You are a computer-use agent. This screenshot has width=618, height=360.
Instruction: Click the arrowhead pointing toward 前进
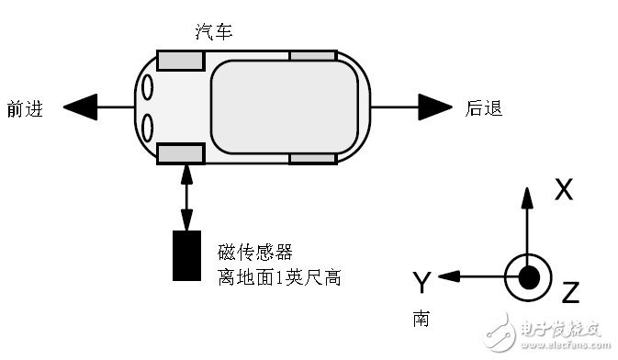[79, 107]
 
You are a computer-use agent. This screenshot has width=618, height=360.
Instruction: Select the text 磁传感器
[255, 252]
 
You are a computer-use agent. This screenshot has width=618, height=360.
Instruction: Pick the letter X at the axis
[564, 190]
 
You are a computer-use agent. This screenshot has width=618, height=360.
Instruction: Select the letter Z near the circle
[569, 293]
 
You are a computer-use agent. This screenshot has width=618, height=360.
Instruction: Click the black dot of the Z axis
[527, 276]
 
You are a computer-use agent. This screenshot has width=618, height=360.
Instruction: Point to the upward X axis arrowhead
[527, 196]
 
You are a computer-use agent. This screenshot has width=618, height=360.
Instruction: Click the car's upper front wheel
[180, 61]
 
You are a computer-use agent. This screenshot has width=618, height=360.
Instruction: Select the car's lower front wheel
[180, 153]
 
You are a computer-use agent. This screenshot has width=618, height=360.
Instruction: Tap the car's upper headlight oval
[147, 88]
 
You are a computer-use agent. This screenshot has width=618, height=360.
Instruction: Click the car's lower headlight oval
[147, 126]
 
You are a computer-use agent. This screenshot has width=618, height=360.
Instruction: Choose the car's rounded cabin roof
[285, 107]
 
